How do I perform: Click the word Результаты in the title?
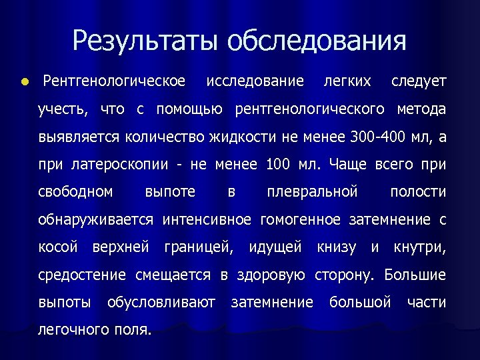click(145, 41)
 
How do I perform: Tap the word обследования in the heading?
click(316, 41)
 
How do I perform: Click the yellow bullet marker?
click(24, 82)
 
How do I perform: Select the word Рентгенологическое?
click(114, 81)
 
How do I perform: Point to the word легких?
click(347, 81)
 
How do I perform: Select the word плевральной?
click(312, 192)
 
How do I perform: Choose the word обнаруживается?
click(95, 219)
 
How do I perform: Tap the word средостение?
click(82, 275)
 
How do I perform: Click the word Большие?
click(415, 275)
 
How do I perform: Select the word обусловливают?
click(161, 303)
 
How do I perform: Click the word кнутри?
click(419, 247)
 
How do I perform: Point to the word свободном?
click(75, 192)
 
